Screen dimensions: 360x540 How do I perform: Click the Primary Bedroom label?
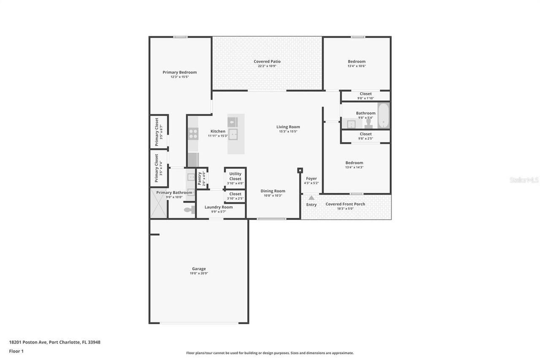pos(180,72)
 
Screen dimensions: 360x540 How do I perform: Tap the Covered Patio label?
pos(267,62)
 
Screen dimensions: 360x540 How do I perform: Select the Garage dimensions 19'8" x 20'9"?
pos(199,273)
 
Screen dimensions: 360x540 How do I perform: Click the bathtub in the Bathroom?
pos(383,116)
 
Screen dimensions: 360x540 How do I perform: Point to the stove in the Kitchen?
pos(193,134)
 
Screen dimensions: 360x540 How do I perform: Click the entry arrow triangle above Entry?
pos(311,198)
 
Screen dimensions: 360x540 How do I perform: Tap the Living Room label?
pos(288,127)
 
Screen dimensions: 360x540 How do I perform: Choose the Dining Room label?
pos(273,191)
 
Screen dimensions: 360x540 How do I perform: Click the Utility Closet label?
pos(235,176)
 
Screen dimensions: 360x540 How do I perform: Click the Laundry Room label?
pos(219,207)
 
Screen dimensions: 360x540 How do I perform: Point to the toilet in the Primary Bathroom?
pos(189,210)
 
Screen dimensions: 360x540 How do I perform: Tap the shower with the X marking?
pos(159,204)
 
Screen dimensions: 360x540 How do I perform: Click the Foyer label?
pos(311,179)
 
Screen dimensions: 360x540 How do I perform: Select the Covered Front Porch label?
pos(345,204)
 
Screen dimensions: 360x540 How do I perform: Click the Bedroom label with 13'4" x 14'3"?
pos(354,163)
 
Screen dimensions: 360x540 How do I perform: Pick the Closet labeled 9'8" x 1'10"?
pos(366,94)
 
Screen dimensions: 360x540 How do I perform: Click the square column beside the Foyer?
pos(300,171)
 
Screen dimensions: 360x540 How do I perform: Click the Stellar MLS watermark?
pos(524,180)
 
